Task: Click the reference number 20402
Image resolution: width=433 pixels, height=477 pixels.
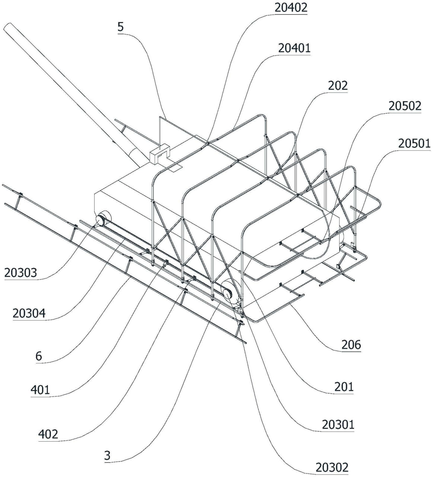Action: [x=291, y=8]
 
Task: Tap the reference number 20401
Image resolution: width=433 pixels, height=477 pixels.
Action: [x=294, y=48]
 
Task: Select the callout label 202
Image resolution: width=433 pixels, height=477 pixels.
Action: [x=338, y=86]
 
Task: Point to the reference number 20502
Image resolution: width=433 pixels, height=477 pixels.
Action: [x=405, y=106]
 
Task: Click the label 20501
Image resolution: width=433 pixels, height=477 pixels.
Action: [x=414, y=143]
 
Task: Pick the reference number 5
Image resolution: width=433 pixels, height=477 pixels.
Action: [x=120, y=27]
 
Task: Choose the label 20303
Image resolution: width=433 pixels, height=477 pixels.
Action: [x=21, y=273]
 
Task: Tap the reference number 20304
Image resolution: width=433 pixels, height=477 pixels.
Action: [x=29, y=313]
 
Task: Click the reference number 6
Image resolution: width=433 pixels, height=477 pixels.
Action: [x=39, y=356]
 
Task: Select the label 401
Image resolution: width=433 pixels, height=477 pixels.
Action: [x=40, y=390]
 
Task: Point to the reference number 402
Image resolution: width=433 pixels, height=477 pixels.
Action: [x=48, y=434]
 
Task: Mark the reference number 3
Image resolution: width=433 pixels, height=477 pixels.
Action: [x=107, y=456]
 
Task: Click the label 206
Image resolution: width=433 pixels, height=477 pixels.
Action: [x=351, y=345]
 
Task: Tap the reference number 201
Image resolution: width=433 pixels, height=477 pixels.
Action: [x=344, y=387]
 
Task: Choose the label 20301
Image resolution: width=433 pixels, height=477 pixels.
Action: [x=338, y=424]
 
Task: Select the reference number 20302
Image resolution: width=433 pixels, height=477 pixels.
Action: [x=332, y=467]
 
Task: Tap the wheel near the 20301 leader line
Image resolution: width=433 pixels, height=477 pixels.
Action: [x=228, y=291]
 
